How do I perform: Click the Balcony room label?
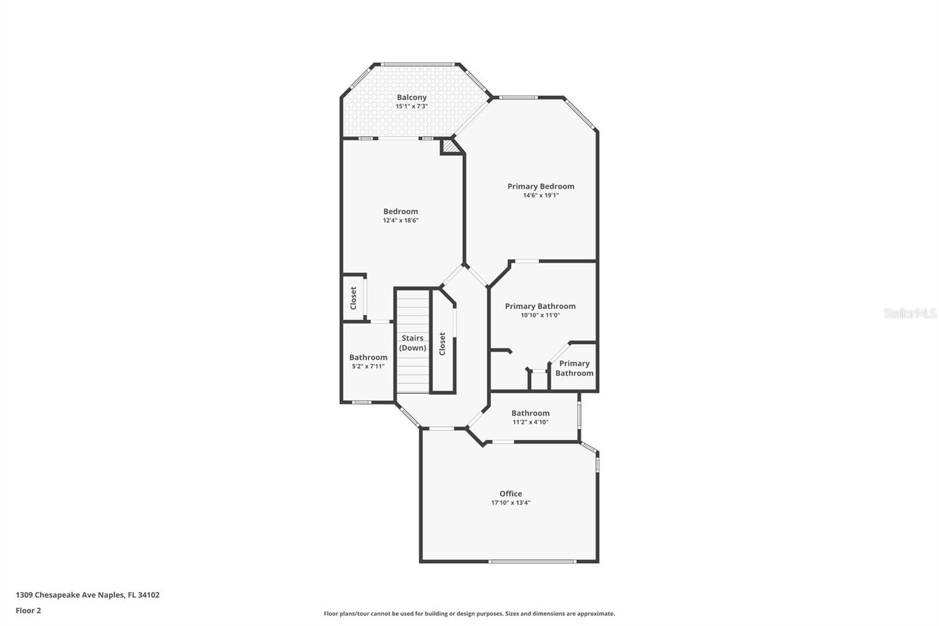point(411,97)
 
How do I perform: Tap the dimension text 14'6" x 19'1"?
point(541,196)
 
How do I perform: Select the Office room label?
point(511,494)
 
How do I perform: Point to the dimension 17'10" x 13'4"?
point(511,503)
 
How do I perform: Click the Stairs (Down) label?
point(413,343)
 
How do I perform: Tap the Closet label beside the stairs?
point(443,344)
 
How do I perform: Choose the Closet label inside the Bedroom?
point(353,298)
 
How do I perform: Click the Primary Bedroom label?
point(541,186)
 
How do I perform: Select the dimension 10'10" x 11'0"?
point(540,315)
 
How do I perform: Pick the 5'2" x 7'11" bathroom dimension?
point(368,366)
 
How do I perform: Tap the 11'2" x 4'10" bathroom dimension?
point(530,422)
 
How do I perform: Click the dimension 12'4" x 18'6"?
point(400,221)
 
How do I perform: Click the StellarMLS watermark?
point(910,314)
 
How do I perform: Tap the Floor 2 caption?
point(28,611)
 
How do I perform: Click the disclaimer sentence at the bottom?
point(469,614)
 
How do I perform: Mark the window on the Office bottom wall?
point(532,561)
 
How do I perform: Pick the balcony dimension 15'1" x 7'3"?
point(411,107)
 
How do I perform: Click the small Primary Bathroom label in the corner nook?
point(574,368)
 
